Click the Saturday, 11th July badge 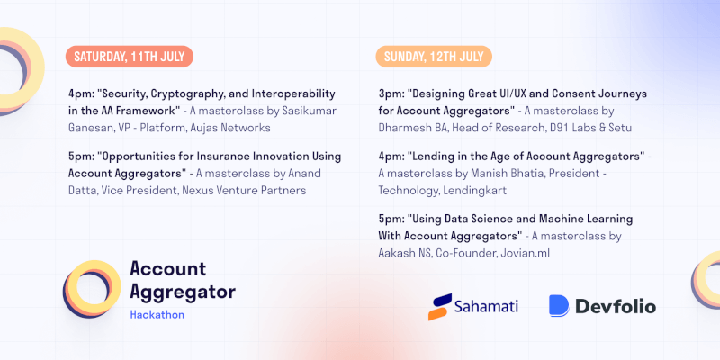(x=129, y=57)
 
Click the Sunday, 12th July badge (x=434, y=57)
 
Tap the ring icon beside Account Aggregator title (x=91, y=290)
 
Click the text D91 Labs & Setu (x=576, y=126)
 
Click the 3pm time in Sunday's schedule (x=391, y=94)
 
